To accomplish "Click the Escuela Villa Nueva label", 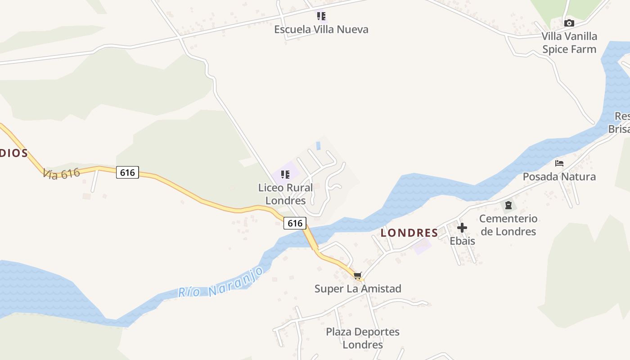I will coord(321,30).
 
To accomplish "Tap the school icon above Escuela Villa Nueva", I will coord(321,17).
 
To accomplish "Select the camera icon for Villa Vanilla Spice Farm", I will coord(569,23).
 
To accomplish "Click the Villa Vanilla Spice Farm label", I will coord(569,43).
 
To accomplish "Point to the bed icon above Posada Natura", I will coord(559,163).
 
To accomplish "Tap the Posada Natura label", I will coord(559,177).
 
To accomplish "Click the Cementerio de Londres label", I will coord(508,225).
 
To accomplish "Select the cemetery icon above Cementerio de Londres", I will coord(508,206).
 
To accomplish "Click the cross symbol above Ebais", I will coord(462,228).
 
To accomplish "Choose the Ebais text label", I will coord(462,241).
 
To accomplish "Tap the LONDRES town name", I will coord(409,233).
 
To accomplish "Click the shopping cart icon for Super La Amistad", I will coord(357,275).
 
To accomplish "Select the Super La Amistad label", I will coord(358,289).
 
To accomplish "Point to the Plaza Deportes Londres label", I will coord(363,338).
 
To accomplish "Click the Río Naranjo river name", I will coord(220,283).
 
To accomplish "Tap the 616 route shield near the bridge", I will coord(295,223).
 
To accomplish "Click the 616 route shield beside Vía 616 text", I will coord(127,172).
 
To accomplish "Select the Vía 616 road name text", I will coord(61,173).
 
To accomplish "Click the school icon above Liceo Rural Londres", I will coord(285,175).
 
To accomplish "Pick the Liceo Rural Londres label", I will coord(285,194).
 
